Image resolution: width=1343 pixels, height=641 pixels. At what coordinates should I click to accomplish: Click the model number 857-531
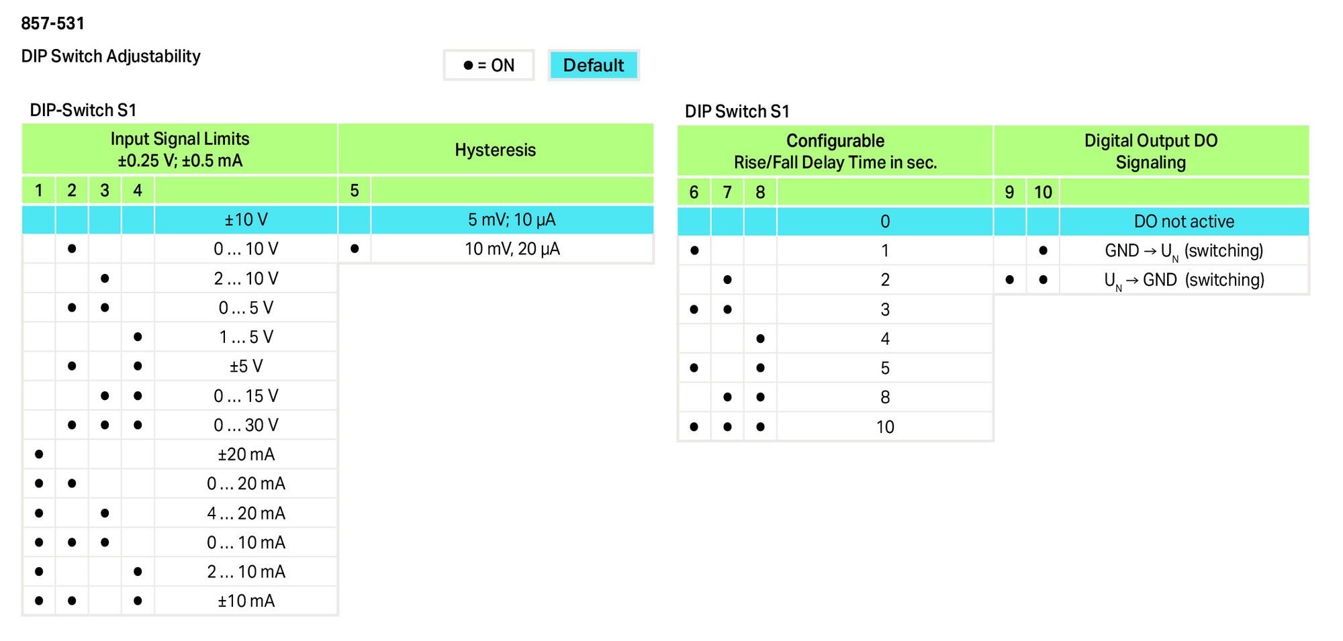(x=52, y=23)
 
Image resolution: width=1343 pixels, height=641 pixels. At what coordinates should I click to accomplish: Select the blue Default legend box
(x=594, y=65)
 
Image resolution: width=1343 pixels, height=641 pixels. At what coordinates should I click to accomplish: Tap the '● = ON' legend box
(x=489, y=65)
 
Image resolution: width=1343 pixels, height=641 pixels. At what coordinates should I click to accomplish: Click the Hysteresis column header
(x=496, y=150)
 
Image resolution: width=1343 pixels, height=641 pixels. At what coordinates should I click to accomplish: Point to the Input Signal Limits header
(x=180, y=150)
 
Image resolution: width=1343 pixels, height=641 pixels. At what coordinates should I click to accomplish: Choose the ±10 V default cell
(x=246, y=219)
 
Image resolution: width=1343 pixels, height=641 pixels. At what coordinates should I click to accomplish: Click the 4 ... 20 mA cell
(x=246, y=513)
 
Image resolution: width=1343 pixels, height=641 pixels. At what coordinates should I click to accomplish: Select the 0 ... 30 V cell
(x=246, y=425)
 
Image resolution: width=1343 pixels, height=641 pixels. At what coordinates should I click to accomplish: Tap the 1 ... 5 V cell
(x=246, y=337)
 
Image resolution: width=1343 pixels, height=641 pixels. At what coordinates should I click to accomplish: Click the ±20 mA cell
(x=246, y=454)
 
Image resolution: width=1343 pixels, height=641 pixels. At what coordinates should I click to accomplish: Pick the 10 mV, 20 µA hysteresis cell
(x=512, y=249)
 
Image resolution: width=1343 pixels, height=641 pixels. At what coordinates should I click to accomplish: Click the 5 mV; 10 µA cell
(x=512, y=219)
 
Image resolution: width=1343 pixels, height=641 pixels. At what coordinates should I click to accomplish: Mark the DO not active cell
(x=1184, y=221)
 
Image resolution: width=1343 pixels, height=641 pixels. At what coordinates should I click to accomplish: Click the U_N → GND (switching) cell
(x=1184, y=280)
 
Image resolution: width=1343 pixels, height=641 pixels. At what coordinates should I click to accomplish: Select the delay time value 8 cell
(x=885, y=397)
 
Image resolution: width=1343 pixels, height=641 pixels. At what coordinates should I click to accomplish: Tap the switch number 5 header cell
(x=355, y=191)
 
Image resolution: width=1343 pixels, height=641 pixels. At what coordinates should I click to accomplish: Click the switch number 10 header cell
(x=1043, y=193)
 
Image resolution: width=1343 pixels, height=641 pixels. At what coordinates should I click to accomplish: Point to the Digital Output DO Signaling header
(x=1151, y=151)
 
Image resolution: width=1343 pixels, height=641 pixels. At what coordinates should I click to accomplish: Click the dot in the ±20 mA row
(x=39, y=454)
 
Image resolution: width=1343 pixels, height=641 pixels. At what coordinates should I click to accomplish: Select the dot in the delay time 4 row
(x=760, y=339)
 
